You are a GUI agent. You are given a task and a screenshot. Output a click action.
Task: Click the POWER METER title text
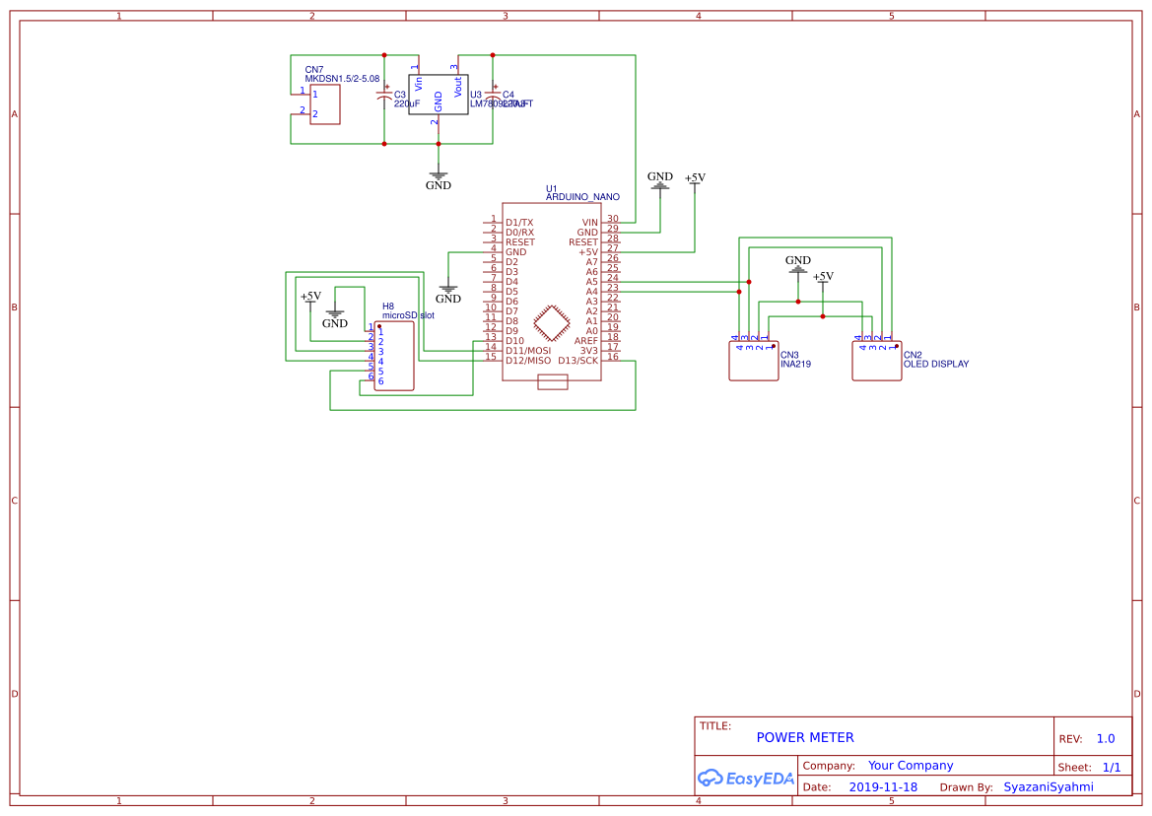[x=804, y=737]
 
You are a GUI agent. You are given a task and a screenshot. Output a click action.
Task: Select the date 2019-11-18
[x=882, y=787]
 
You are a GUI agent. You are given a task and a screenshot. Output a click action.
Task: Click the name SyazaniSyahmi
[x=1048, y=787]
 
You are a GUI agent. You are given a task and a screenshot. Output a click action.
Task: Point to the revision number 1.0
[x=1106, y=738]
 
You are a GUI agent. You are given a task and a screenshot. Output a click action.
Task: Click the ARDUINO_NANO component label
[x=582, y=197]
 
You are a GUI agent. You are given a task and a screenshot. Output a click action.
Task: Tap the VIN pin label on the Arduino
[x=589, y=223]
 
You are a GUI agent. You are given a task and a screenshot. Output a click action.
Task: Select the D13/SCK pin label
[x=577, y=361]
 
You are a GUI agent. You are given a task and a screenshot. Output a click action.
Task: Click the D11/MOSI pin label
[x=528, y=351]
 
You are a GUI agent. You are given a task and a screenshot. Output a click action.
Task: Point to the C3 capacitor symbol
[x=384, y=97]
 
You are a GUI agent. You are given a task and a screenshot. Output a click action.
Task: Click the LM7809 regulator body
[x=439, y=96]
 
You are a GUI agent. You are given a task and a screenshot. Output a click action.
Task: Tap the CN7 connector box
[x=324, y=104]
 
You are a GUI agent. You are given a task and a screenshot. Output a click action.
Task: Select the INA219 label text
[x=796, y=364]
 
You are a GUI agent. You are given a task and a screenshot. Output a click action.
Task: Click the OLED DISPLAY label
[x=936, y=364]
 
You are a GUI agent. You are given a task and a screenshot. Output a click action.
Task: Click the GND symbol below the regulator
[x=439, y=178]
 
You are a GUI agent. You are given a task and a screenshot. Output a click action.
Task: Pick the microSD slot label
[x=408, y=315]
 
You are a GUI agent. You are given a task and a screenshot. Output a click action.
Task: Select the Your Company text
[x=911, y=765]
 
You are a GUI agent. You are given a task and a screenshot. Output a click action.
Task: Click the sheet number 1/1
[x=1111, y=767]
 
